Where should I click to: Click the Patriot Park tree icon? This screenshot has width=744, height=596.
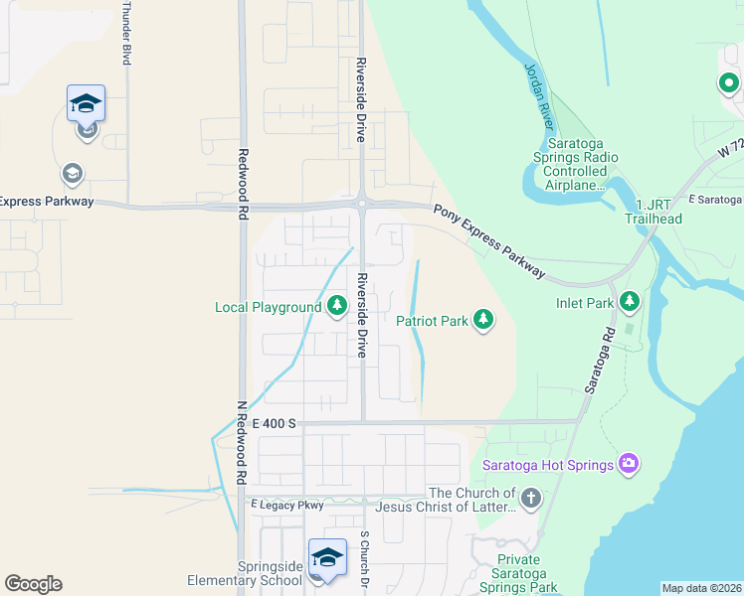point(483,319)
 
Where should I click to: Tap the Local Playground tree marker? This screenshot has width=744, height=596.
point(336,306)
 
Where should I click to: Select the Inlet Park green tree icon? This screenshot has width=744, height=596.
point(629,299)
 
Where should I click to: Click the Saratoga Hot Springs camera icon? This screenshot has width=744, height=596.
point(628,463)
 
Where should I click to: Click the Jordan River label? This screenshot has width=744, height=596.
point(538,99)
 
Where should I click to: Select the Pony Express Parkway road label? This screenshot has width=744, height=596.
point(488,240)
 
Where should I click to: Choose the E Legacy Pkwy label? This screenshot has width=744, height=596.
point(288,506)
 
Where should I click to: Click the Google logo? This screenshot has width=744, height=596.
point(33,584)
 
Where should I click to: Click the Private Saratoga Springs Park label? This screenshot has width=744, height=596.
point(532,574)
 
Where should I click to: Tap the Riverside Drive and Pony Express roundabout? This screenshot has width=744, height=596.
point(362,204)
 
